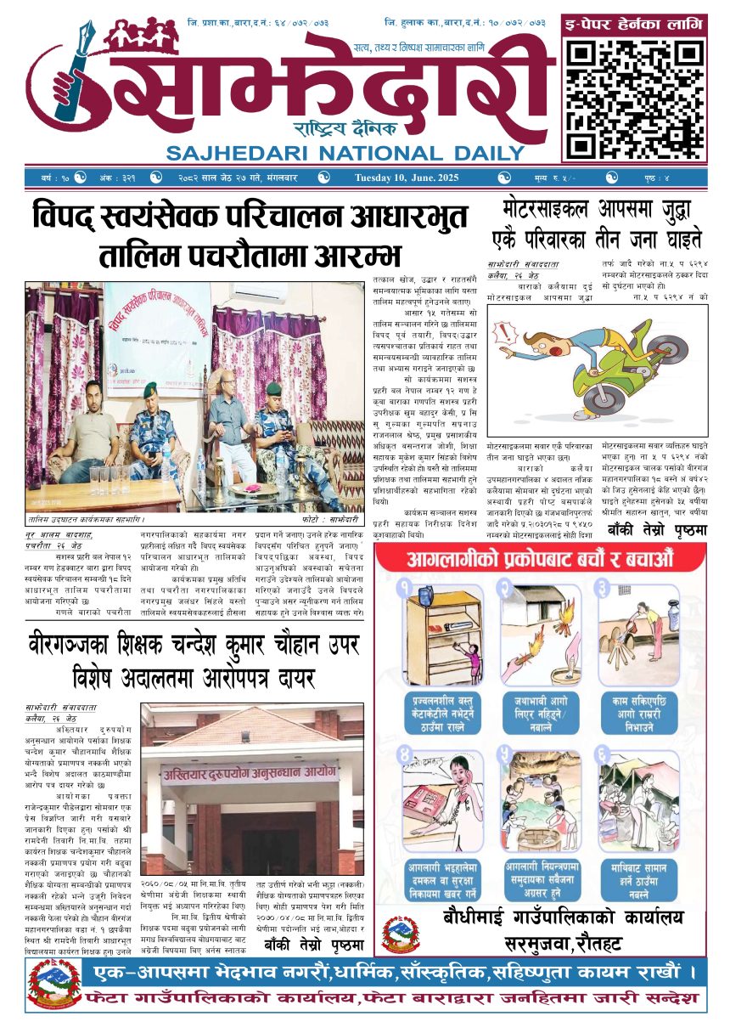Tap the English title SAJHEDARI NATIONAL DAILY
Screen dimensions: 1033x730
345,153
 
